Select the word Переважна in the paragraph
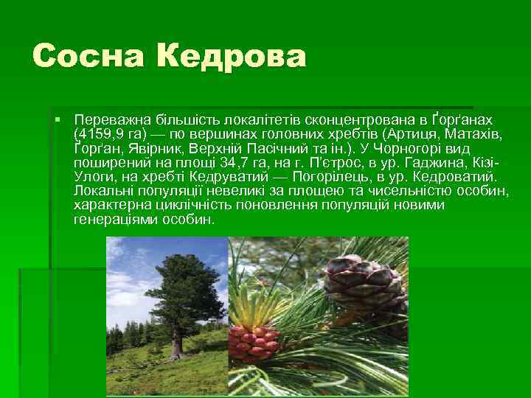[108, 119]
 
